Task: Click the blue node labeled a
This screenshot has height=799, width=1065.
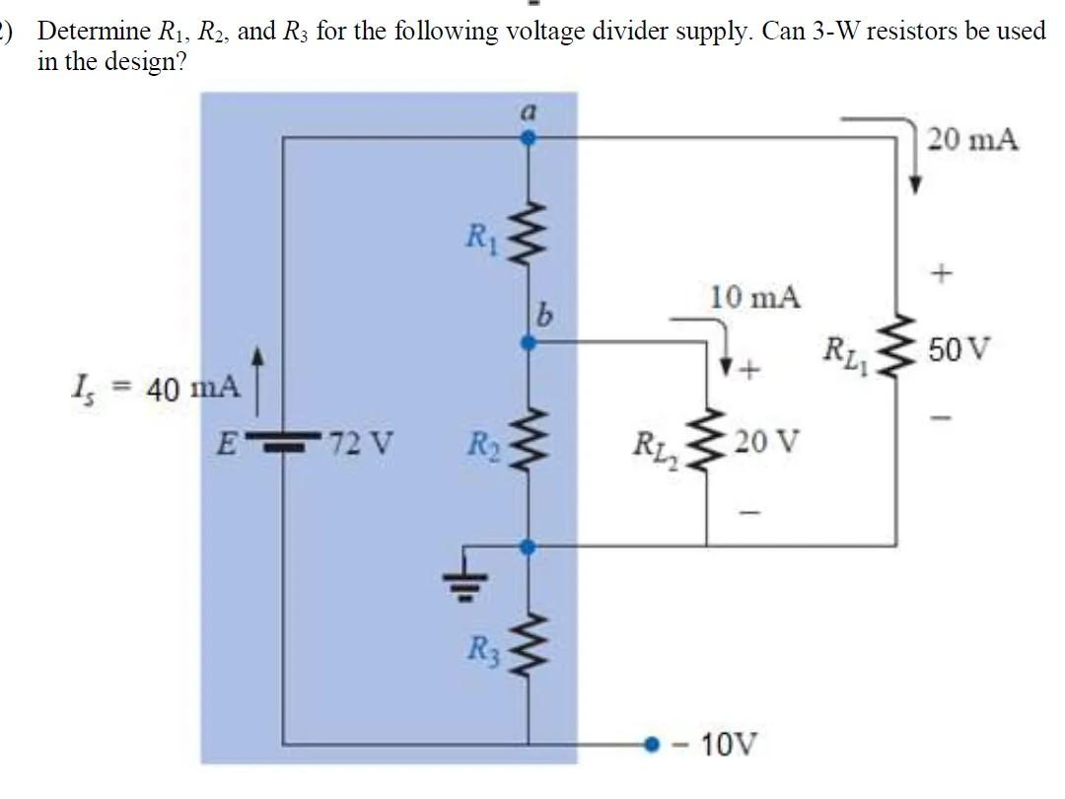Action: [529, 139]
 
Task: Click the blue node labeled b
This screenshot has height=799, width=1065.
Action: [529, 342]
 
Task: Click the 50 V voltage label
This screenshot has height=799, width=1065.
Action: [967, 350]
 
